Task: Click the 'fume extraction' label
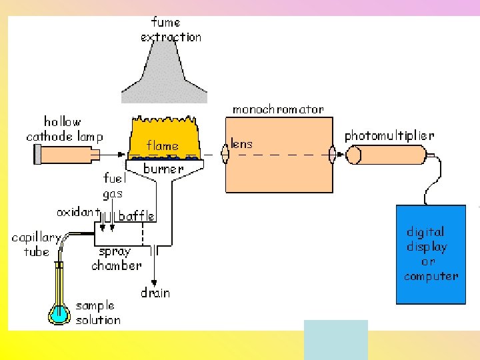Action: pyautogui.click(x=171, y=30)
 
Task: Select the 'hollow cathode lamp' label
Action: pyautogui.click(x=64, y=129)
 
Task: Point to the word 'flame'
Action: pyautogui.click(x=163, y=145)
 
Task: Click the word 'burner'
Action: pyautogui.click(x=163, y=169)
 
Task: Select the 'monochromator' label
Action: pyautogui.click(x=278, y=109)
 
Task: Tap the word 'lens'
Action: pyautogui.click(x=242, y=143)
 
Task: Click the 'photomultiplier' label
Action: pyautogui.click(x=389, y=135)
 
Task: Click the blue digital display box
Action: pyautogui.click(x=431, y=253)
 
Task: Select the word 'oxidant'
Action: pyautogui.click(x=77, y=213)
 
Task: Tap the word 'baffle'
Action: pyautogui.click(x=137, y=216)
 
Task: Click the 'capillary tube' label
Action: pyautogui.click(x=36, y=245)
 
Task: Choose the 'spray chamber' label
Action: pyautogui.click(x=116, y=259)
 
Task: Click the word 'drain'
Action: pyautogui.click(x=155, y=293)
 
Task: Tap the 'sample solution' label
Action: pyautogui.click(x=98, y=313)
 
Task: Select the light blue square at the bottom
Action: pyautogui.click(x=335, y=339)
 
